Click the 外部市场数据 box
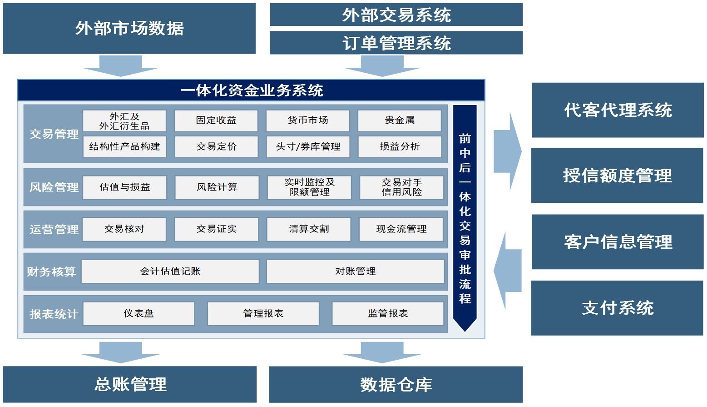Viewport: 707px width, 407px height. pos(129,28)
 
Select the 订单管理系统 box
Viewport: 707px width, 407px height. pos(396,43)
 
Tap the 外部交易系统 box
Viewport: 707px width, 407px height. pos(396,15)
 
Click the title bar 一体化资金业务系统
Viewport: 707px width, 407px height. pos(251,90)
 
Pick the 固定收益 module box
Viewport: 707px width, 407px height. pos(216,121)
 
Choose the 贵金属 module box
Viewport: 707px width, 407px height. pos(400,121)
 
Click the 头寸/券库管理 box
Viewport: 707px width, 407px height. pos(308,146)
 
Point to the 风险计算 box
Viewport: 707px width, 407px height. pos(217,187)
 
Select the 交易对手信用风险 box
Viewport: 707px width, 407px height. pos(401,187)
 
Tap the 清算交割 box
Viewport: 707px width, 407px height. pos(309,229)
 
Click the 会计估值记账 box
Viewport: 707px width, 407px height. pos(170,271)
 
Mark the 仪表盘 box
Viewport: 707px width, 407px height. pos(139,314)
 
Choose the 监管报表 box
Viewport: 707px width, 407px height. pos(388,314)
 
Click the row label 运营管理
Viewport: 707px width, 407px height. pos(54,230)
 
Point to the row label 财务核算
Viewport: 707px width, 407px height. pos(51,272)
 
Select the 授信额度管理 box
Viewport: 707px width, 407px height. pos(617,176)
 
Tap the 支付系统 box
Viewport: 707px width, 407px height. pos(617,308)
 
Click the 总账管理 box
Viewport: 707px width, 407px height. pos(130,385)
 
